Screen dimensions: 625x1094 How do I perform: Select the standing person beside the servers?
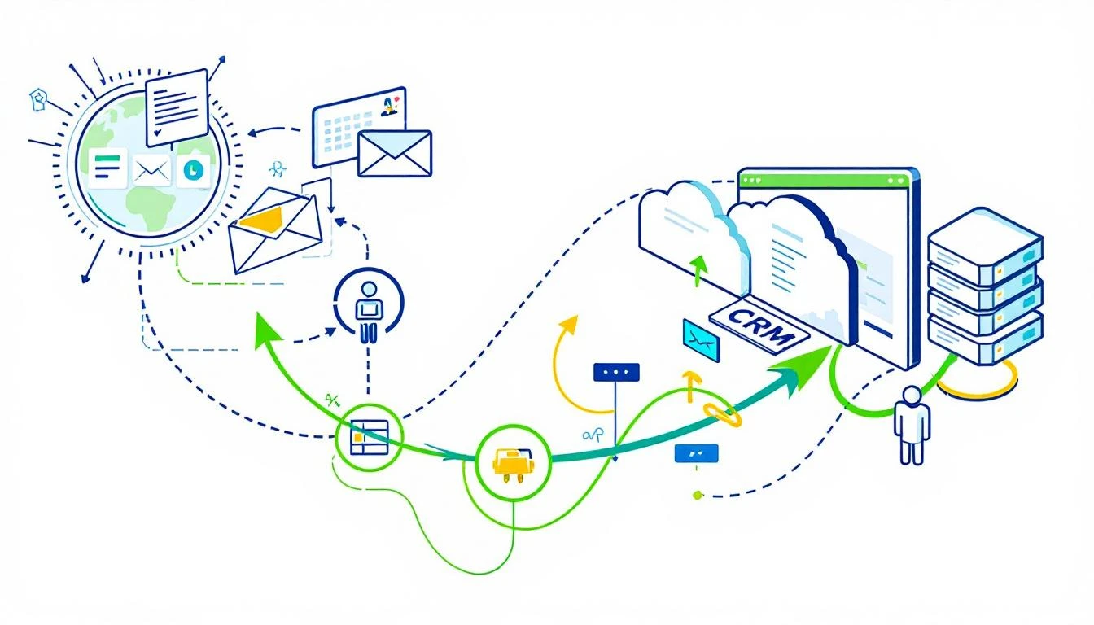pos(912,423)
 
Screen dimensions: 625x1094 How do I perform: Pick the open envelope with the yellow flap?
pos(273,228)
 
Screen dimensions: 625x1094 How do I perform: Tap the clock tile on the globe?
pos(193,170)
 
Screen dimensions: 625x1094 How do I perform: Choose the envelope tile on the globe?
pos(151,170)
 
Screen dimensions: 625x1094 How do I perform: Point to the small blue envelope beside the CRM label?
pos(701,341)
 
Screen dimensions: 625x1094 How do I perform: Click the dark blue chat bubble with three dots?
pos(616,372)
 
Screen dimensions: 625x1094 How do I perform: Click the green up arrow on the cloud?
pos(698,269)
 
